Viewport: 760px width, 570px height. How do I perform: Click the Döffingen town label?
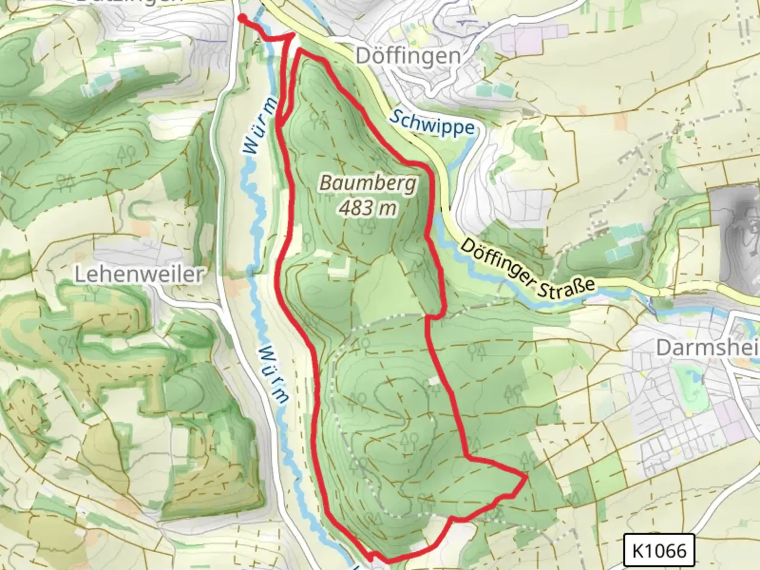pos(408,55)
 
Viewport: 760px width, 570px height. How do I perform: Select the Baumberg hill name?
pos(368,184)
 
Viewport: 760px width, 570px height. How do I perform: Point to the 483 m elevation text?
pos(368,208)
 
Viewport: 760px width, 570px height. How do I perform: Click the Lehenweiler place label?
pos(139,274)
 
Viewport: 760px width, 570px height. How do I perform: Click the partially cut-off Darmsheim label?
pos(707,348)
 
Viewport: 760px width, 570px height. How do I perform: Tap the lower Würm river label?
pos(274,375)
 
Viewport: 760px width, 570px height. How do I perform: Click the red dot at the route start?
pos(242,18)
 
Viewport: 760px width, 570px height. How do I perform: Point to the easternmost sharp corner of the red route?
pos(526,477)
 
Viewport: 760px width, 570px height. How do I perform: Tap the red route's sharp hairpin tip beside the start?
pos(293,35)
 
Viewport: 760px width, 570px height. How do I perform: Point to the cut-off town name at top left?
pos(129,2)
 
